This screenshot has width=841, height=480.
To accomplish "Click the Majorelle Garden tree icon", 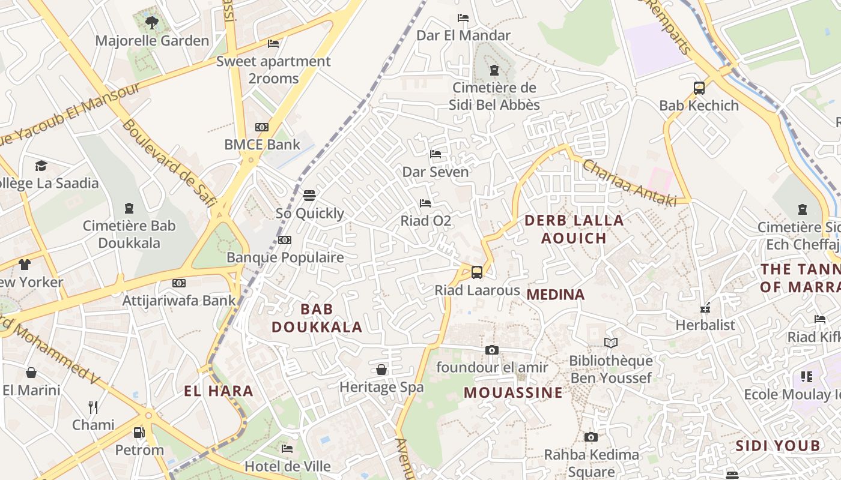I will (152, 23).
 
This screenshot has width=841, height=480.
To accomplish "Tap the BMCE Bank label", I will (262, 145).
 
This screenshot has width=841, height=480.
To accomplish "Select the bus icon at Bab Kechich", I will (699, 88).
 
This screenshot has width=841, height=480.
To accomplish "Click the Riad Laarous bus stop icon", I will (477, 272).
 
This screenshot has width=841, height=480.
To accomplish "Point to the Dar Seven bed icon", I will (436, 155).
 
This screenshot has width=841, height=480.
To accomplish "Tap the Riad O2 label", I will (425, 221).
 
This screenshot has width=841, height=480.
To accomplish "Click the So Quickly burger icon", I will (309, 196).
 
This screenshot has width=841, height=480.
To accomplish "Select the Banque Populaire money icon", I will (285, 240).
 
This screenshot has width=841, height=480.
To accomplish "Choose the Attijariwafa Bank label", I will (179, 301).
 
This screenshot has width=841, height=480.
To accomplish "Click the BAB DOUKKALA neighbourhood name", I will (317, 318).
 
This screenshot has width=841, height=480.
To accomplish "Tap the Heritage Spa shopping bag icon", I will (381, 370).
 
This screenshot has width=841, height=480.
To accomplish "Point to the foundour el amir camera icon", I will (491, 350).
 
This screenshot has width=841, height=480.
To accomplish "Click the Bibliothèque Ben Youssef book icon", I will (611, 343).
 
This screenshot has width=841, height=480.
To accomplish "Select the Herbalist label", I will (705, 325).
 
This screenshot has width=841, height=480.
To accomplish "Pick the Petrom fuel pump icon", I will (139, 432).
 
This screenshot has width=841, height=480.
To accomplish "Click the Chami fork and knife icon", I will (93, 407).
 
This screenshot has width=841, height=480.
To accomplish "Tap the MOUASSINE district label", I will (514, 393).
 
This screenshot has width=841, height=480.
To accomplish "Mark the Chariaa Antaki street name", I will (630, 183).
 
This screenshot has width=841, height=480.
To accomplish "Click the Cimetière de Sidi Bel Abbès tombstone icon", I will (494, 70).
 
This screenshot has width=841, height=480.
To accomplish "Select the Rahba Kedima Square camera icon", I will (591, 437).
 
